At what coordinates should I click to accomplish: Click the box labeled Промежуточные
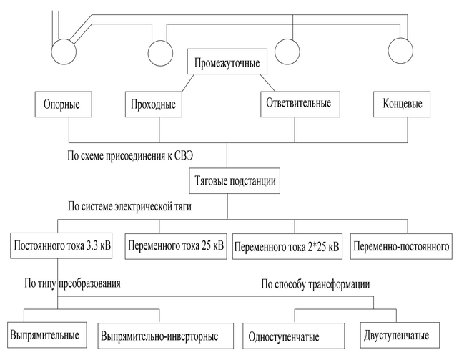pos(227,63)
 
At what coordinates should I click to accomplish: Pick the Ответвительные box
pos(297,103)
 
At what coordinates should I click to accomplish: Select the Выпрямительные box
pos(44,334)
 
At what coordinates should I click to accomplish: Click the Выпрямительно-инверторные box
pos(158,335)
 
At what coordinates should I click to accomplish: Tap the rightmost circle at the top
pos(402,49)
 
